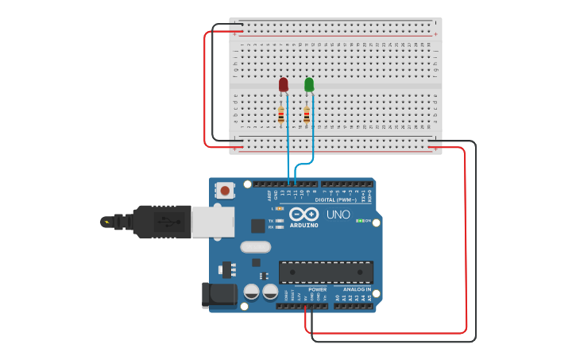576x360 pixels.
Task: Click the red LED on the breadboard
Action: coord(284,84)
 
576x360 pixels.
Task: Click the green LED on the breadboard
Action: coord(309,84)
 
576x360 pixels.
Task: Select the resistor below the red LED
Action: coord(281,116)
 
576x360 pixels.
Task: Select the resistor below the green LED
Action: coord(307,116)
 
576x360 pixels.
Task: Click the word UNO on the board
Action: coord(338,215)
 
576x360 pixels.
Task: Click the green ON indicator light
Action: coord(360,220)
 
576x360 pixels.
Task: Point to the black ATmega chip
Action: coord(326,272)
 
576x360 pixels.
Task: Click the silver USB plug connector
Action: coord(213,222)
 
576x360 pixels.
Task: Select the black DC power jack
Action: coord(220,295)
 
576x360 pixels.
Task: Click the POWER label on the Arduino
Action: coord(317,289)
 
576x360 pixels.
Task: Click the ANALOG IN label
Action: coord(357,289)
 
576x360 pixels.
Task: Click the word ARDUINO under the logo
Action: coord(304,225)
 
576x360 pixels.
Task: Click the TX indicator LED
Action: coord(280,220)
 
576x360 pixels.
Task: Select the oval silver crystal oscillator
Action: coord(255,246)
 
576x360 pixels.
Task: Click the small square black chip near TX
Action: coord(257,225)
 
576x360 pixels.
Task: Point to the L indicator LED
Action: coord(280,208)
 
